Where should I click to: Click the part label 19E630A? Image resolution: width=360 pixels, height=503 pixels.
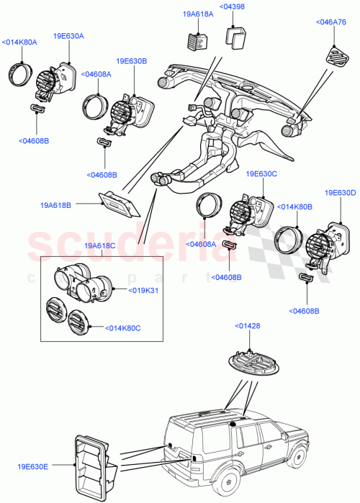68,35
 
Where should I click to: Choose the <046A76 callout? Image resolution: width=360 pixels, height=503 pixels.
332,22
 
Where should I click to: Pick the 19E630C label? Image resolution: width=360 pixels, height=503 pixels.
261,173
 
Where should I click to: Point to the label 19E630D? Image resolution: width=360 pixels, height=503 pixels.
340,193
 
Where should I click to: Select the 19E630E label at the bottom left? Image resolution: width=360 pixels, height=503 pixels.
34,466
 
